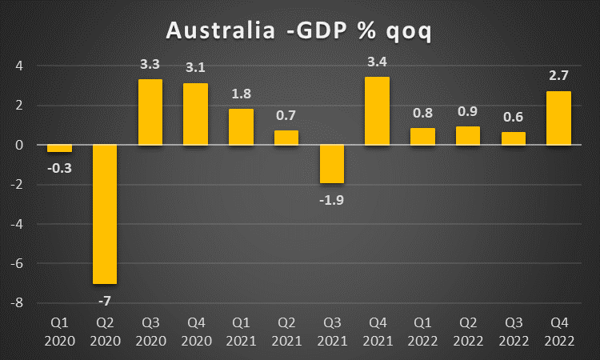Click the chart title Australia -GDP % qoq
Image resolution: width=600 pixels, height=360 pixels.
point(300,31)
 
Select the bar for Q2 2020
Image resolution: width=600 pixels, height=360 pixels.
point(105,214)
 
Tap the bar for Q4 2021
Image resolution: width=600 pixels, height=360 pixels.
point(377,111)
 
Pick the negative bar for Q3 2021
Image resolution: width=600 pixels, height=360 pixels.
point(331,164)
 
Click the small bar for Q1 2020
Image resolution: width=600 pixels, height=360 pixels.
point(59,148)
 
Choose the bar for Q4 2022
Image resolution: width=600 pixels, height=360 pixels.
point(558,118)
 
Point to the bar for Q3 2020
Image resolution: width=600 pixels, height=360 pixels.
point(150,112)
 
